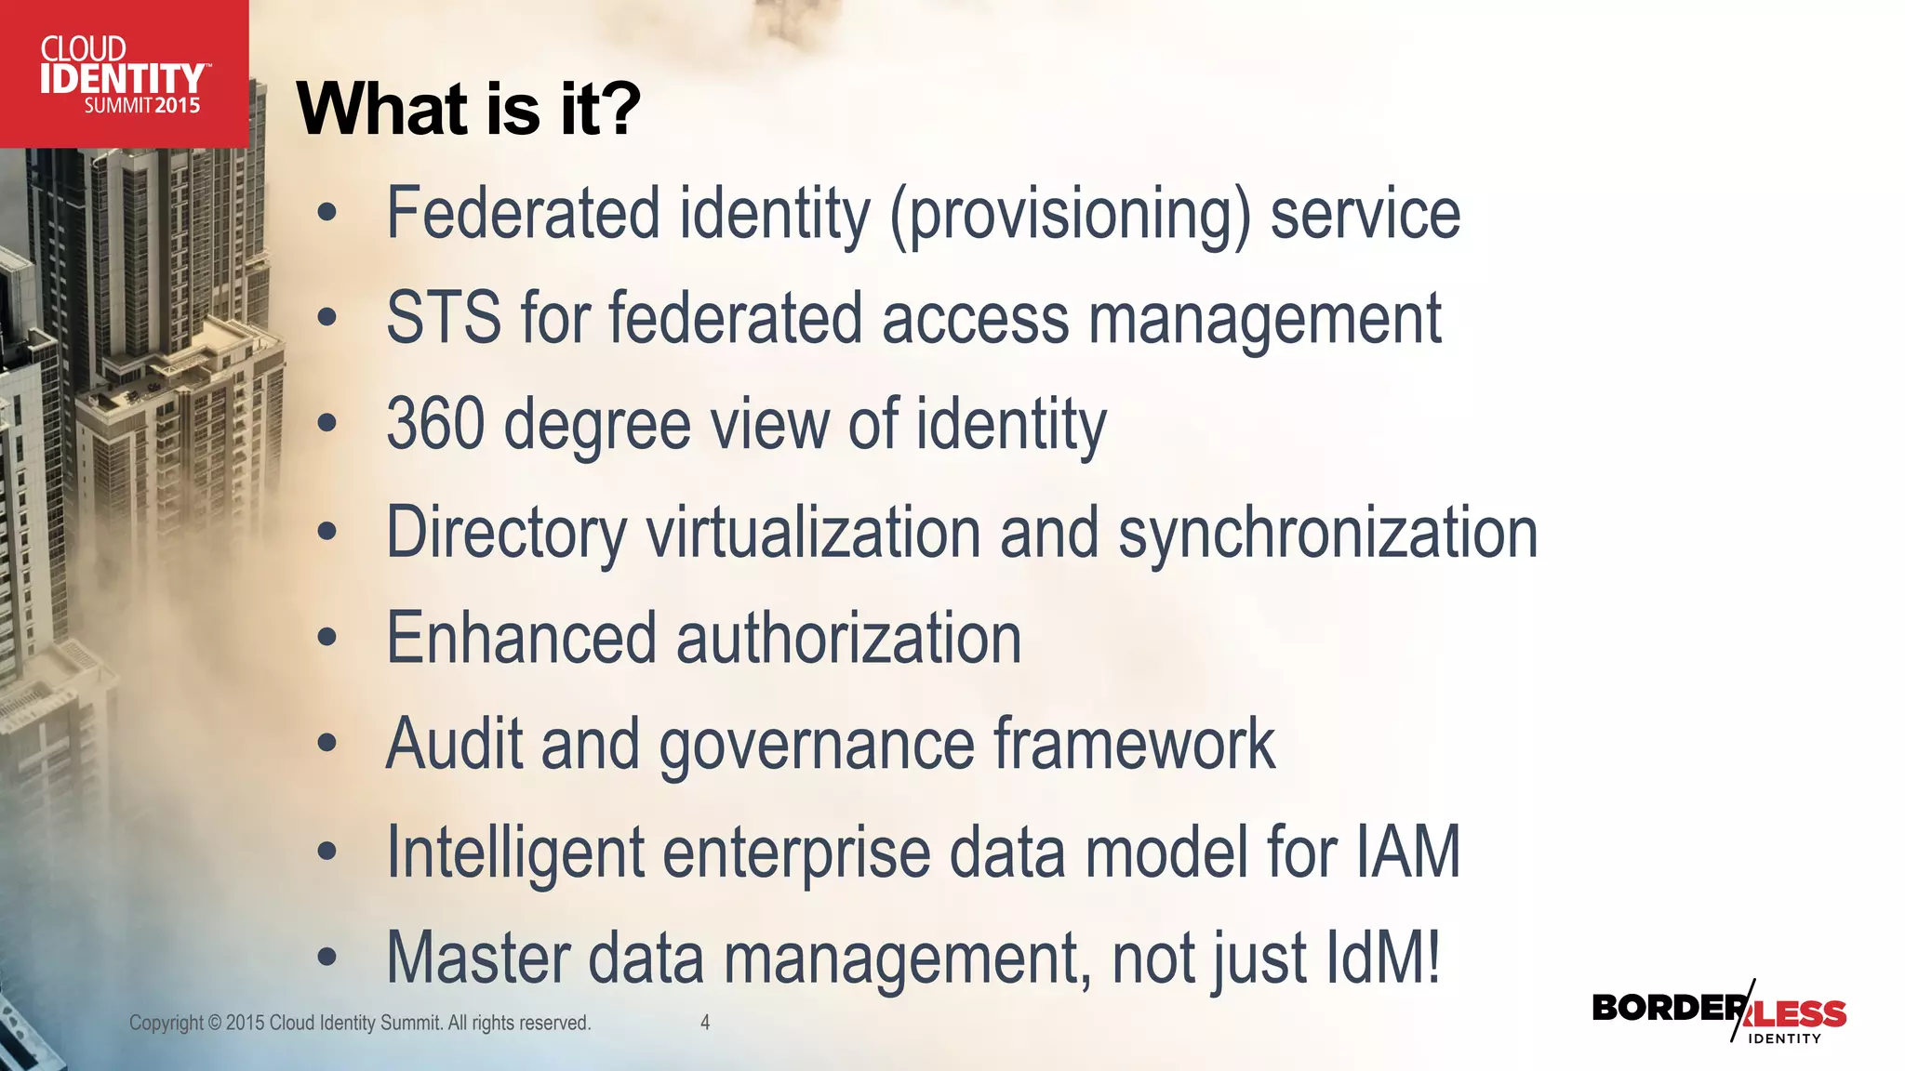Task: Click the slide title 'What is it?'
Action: coord(468,109)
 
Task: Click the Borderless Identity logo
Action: coord(1719,1014)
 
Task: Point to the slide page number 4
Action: coord(705,1023)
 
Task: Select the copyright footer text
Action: coord(360,1023)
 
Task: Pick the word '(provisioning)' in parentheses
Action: coord(1070,215)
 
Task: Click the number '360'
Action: coord(435,424)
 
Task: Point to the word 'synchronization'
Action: coord(1327,534)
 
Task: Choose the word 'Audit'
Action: coord(453,744)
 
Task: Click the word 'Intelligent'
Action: coord(515,853)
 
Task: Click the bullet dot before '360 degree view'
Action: coord(326,424)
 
